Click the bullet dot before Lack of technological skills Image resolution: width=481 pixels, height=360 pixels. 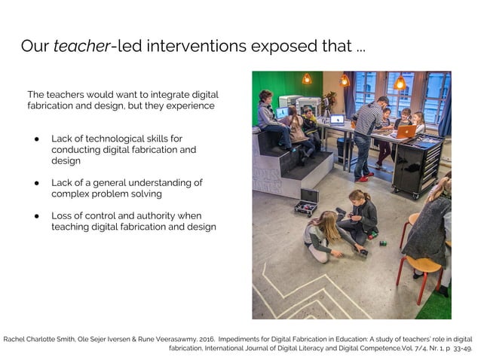coord(38,139)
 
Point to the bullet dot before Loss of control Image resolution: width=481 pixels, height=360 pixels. coord(38,215)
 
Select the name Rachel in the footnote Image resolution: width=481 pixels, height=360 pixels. coord(18,339)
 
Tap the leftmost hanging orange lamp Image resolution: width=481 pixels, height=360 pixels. coord(307,78)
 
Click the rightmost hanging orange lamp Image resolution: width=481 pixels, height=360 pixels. coord(400,82)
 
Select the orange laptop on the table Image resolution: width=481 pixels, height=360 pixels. coord(406,132)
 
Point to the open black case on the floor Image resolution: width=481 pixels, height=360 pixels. coord(307,203)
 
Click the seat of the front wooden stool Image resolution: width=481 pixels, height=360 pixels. coord(422,265)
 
